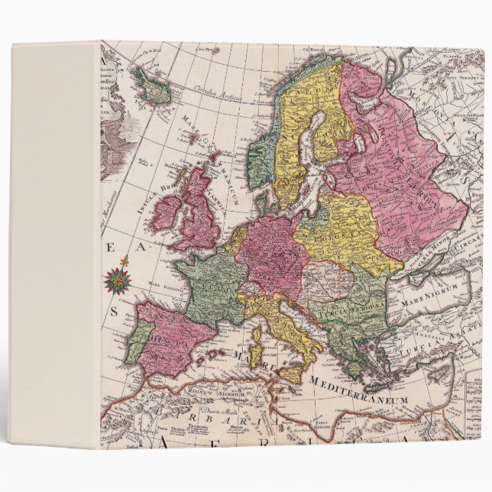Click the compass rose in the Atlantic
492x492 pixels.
coord(118,279)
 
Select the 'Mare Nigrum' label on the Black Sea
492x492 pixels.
coord(432,290)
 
